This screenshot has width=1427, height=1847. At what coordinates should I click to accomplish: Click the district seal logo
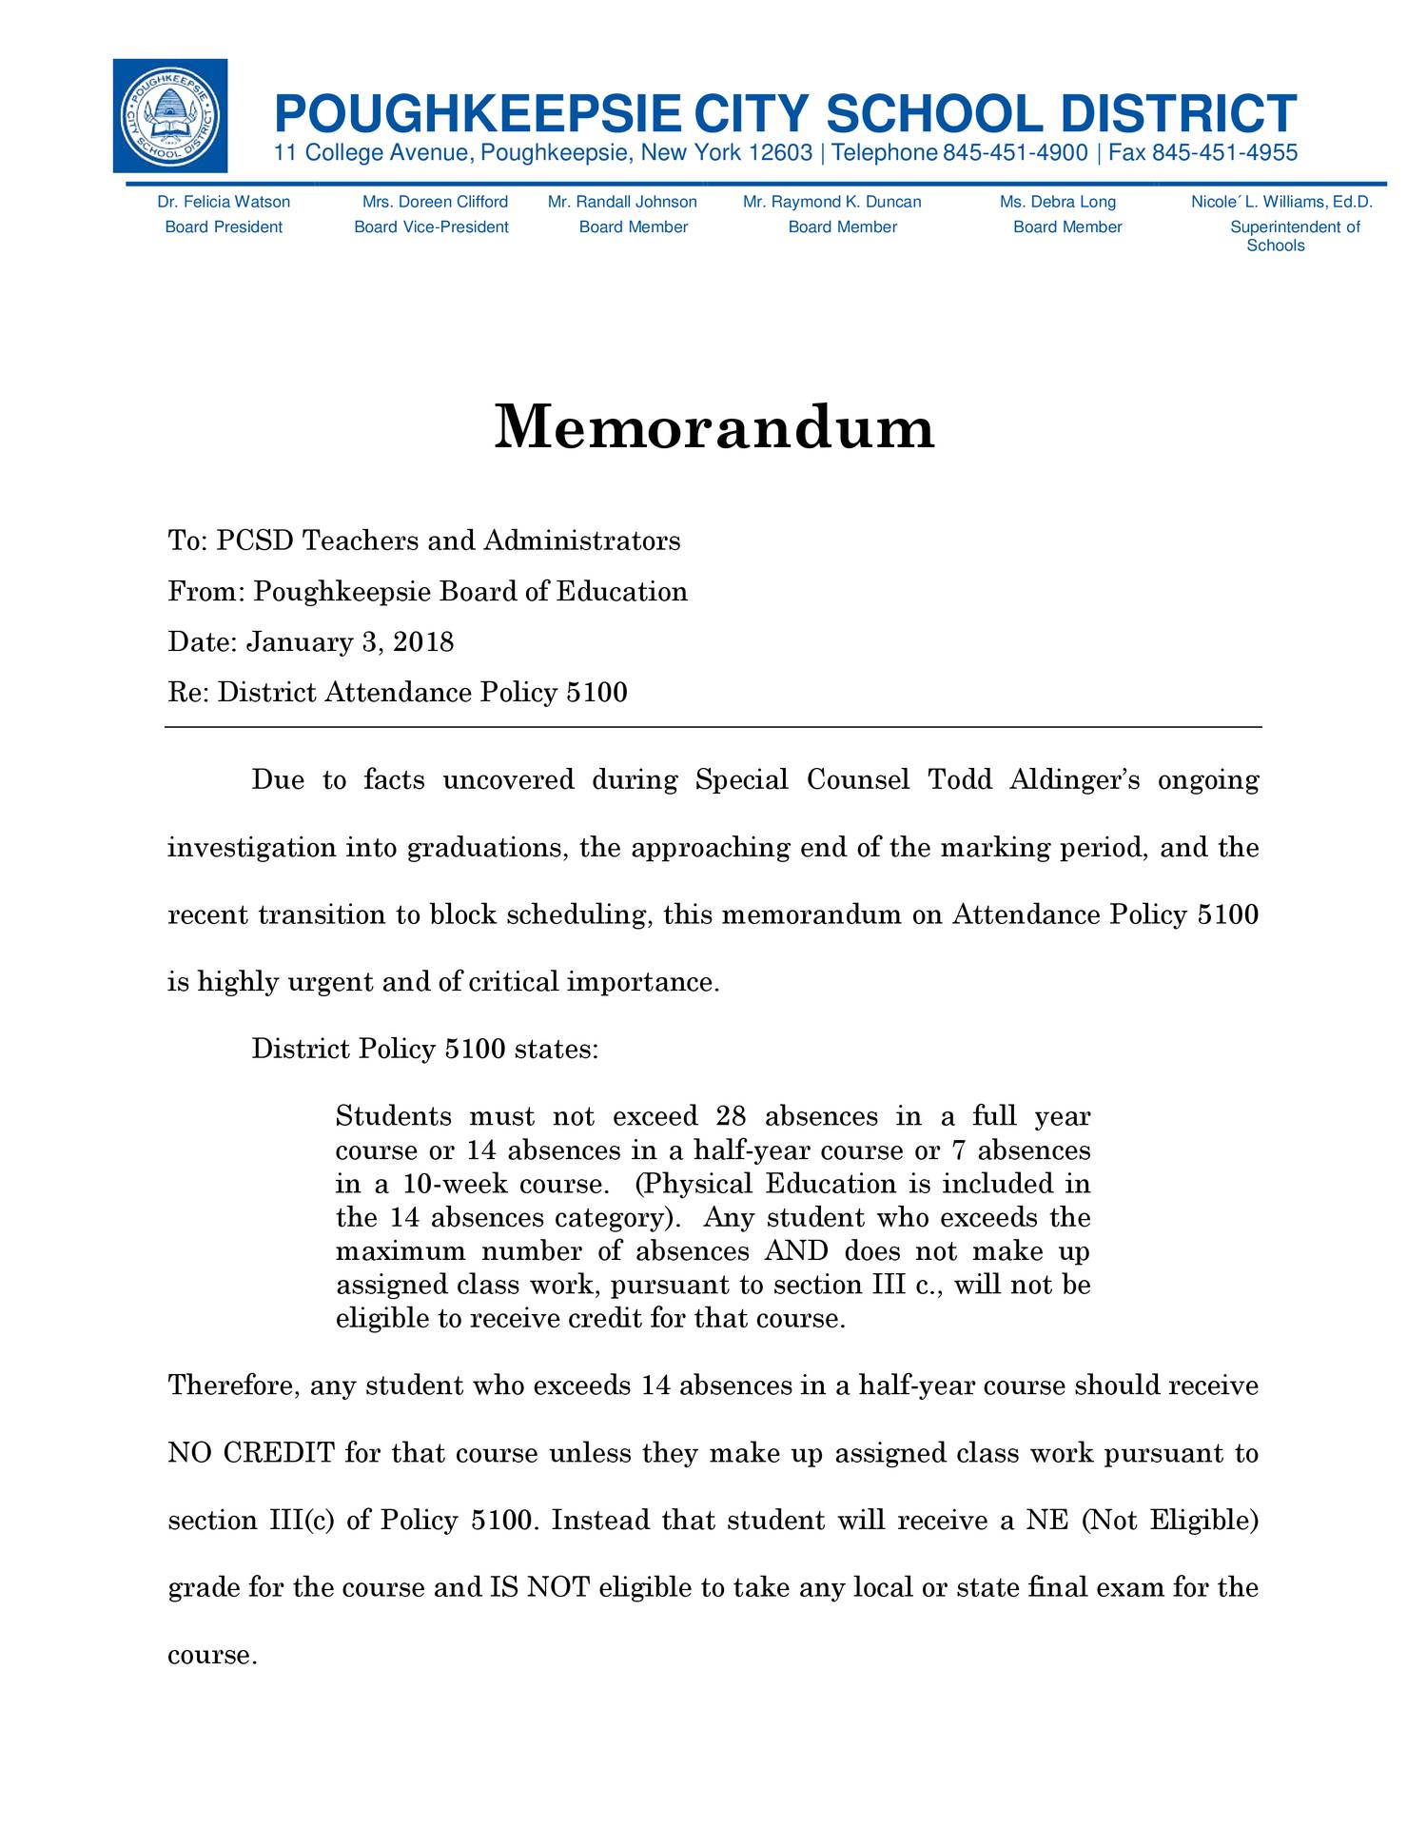point(169,116)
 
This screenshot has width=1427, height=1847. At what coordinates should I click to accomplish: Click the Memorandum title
point(714,427)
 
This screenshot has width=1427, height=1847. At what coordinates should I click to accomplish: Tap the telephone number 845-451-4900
point(1015,153)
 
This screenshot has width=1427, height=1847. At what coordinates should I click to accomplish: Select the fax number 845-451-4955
point(1224,153)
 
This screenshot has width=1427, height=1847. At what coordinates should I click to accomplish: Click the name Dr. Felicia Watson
point(224,202)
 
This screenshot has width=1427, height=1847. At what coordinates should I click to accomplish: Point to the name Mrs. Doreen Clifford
point(435,202)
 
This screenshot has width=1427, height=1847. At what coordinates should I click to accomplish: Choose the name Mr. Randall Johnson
point(622,202)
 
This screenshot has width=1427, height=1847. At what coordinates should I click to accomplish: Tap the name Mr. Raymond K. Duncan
point(831,202)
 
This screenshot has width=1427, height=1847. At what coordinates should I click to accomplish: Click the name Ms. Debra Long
point(1057,202)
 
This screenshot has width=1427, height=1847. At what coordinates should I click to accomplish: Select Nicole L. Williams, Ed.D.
point(1281,202)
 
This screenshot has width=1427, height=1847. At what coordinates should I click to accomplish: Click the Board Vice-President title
point(431,226)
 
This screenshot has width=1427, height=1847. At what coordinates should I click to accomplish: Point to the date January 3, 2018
point(350,642)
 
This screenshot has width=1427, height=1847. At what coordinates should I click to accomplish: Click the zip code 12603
point(780,153)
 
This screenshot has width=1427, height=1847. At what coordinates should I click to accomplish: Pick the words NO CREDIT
point(251,1453)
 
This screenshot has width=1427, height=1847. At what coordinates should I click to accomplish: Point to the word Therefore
point(231,1385)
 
